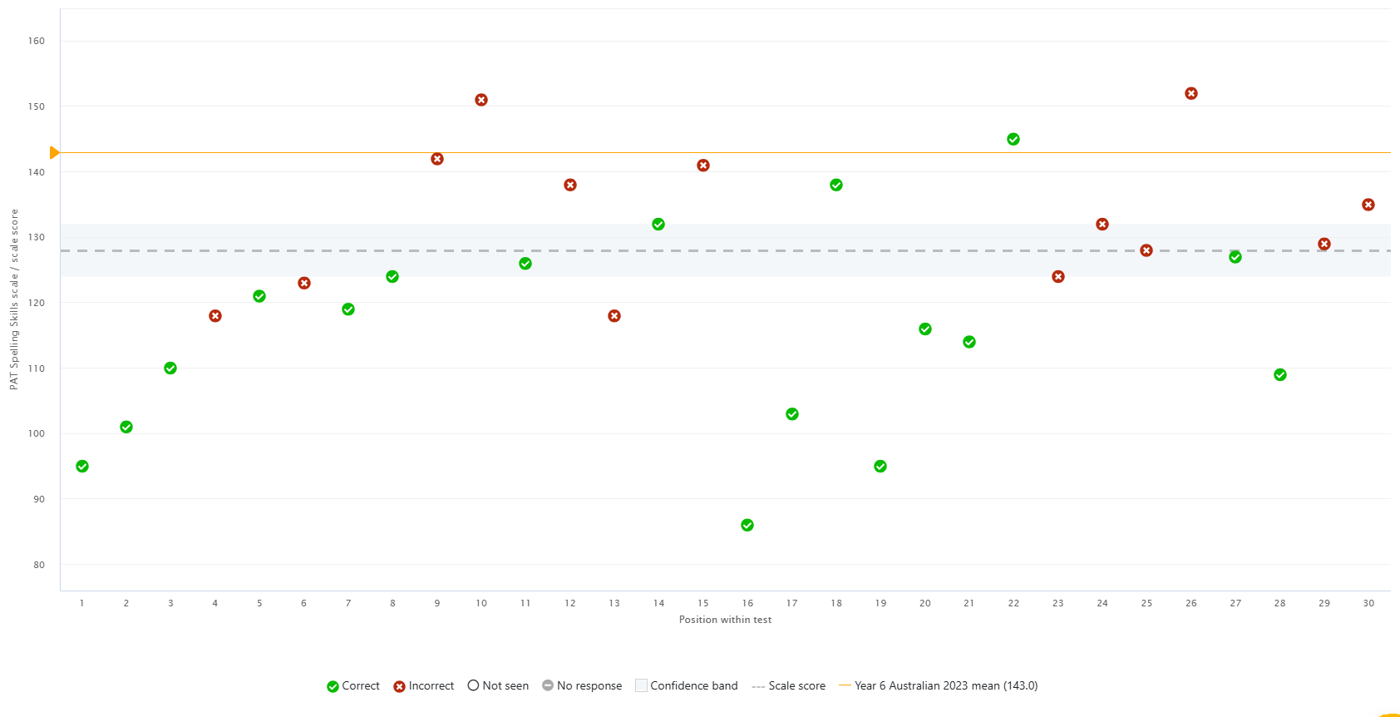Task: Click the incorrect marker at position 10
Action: click(481, 100)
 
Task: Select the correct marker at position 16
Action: click(747, 525)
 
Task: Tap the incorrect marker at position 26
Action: click(1191, 93)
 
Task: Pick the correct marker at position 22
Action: click(1013, 139)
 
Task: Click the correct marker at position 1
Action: click(82, 466)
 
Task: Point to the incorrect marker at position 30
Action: click(1368, 205)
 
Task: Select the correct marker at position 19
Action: click(880, 466)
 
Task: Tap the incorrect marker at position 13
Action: click(614, 316)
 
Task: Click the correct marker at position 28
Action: click(1280, 375)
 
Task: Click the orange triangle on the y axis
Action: click(54, 152)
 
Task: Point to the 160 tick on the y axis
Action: click(37, 41)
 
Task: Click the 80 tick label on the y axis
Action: click(38, 565)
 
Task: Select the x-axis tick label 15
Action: click(703, 603)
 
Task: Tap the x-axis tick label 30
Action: click(1368, 603)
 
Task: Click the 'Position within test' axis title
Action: click(725, 620)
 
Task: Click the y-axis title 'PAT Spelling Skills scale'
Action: click(14, 299)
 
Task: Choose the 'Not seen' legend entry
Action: click(498, 685)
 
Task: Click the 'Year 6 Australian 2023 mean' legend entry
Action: click(939, 685)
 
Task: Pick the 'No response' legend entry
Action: click(582, 685)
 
